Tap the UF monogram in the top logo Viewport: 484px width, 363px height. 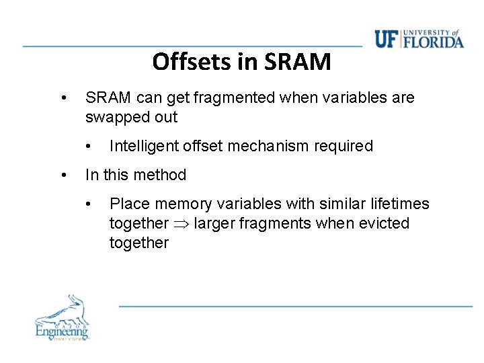click(x=387, y=40)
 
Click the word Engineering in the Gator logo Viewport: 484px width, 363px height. click(x=62, y=331)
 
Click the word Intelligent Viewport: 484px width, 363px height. click(x=142, y=147)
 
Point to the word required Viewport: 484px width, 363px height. click(x=344, y=147)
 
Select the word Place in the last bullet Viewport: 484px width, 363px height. click(x=127, y=204)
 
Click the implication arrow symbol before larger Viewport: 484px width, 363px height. click(x=182, y=224)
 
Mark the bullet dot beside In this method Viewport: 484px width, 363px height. click(x=63, y=175)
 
